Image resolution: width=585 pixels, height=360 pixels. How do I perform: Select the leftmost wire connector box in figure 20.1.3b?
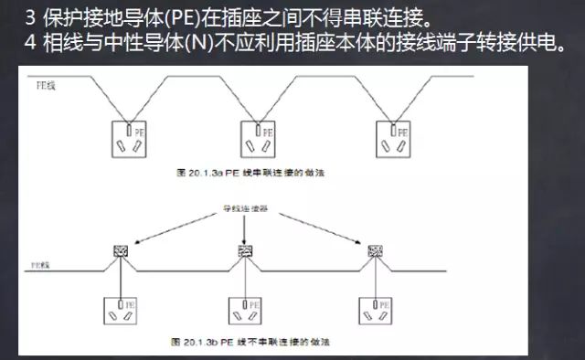point(120,249)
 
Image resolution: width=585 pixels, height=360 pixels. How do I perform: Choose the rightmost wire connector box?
point(374,249)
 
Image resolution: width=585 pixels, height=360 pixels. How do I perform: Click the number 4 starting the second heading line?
point(30,43)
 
